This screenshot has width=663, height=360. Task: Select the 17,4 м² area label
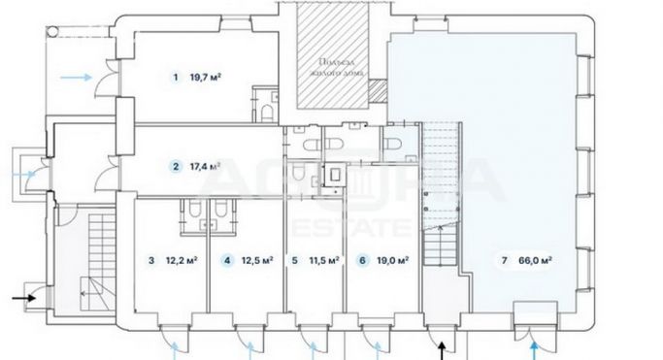click(205, 166)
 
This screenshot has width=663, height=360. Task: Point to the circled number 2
click(176, 166)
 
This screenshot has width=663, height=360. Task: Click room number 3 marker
click(151, 260)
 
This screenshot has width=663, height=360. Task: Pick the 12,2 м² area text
click(182, 260)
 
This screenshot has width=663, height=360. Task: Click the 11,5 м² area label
click(321, 260)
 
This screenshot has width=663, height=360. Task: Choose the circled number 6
click(362, 260)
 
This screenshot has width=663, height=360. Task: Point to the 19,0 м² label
click(391, 260)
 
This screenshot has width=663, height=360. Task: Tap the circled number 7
click(504, 260)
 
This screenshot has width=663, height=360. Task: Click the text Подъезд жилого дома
click(333, 64)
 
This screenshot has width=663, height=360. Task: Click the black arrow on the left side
click(26, 298)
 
